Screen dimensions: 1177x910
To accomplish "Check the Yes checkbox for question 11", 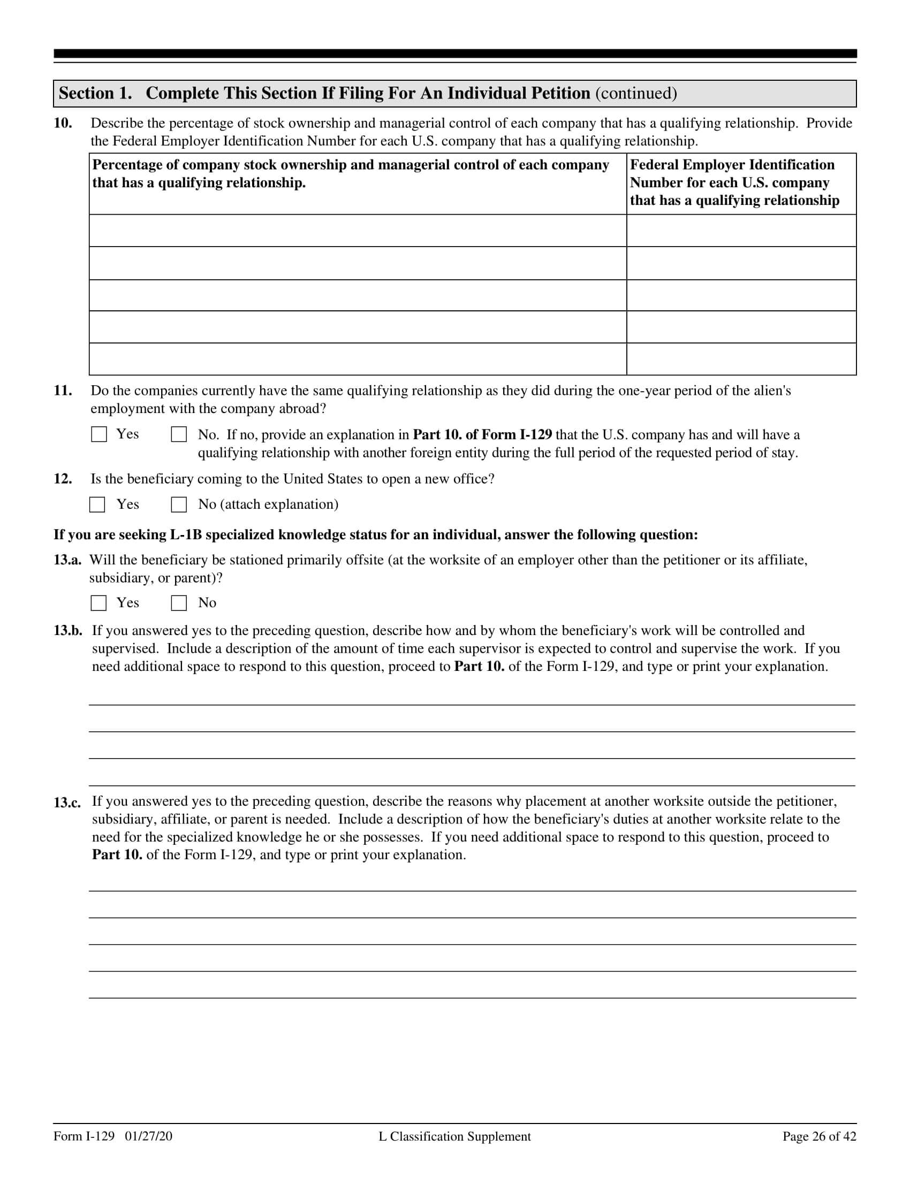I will tap(98, 434).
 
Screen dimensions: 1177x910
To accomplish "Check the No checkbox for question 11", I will tap(178, 434).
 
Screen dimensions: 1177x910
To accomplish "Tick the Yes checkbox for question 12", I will tap(97, 505).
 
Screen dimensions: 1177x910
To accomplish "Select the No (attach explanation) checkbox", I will tap(178, 505).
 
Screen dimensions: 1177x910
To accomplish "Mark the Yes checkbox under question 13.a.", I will tap(98, 603).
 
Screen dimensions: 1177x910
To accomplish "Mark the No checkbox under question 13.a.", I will tap(178, 603).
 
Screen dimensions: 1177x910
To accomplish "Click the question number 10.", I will tap(63, 123).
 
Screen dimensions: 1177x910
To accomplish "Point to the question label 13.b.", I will tap(67, 631).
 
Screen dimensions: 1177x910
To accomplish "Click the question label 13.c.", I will tap(67, 803).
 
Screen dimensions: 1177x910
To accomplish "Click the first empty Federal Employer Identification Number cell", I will tap(741, 231).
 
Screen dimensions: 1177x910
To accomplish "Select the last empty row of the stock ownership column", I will tap(358, 359).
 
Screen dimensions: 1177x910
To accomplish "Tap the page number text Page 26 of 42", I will tap(819, 1136).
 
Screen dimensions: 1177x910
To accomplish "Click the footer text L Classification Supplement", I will tap(454, 1136).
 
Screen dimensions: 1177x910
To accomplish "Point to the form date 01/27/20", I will tap(149, 1136).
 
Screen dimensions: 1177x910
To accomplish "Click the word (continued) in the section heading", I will tap(635, 93).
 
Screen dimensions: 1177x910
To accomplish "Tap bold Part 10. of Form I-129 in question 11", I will tap(482, 435).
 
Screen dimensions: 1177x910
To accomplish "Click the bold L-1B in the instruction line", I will tap(186, 534).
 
